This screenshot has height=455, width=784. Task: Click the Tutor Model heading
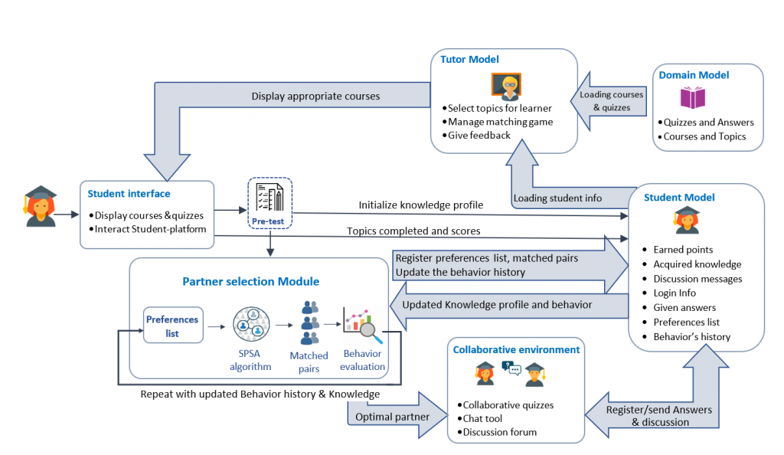[x=469, y=60]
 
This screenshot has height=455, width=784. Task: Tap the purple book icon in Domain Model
[x=692, y=97]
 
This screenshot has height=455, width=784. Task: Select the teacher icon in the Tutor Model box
[x=506, y=87]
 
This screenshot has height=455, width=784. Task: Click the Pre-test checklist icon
[x=269, y=198]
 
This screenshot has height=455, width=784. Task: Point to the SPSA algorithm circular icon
[x=251, y=325]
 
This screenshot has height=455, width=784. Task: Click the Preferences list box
[x=173, y=326]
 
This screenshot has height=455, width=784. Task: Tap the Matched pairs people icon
[x=309, y=323]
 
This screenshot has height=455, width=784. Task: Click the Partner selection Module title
[x=250, y=281]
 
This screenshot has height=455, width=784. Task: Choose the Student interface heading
[x=129, y=194]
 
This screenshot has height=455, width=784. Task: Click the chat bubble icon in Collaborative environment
[x=511, y=368]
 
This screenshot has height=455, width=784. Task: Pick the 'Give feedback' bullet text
[x=479, y=136]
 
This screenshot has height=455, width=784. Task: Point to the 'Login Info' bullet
[x=674, y=293]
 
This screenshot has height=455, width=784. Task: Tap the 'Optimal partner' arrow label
[x=392, y=417]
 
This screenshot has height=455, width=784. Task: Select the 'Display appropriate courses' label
[x=315, y=96]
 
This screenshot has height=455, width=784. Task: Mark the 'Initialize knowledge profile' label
[x=420, y=205]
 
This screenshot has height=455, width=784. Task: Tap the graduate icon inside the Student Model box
[x=687, y=220]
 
